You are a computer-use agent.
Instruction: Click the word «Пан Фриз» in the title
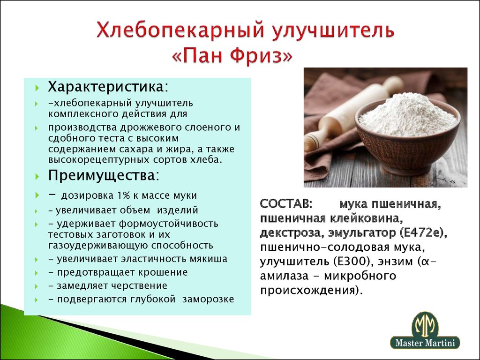point(232,56)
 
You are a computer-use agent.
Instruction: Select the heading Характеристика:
point(108,87)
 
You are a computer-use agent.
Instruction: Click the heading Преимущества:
point(104,176)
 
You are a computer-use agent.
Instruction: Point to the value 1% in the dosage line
point(124,195)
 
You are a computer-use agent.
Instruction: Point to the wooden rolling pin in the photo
point(352,113)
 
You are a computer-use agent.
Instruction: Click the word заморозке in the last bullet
point(208,300)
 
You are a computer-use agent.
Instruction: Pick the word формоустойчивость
point(168,224)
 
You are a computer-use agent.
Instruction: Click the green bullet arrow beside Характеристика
point(37,88)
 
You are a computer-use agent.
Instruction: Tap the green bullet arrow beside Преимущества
point(37,177)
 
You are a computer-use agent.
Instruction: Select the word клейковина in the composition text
point(366,218)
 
